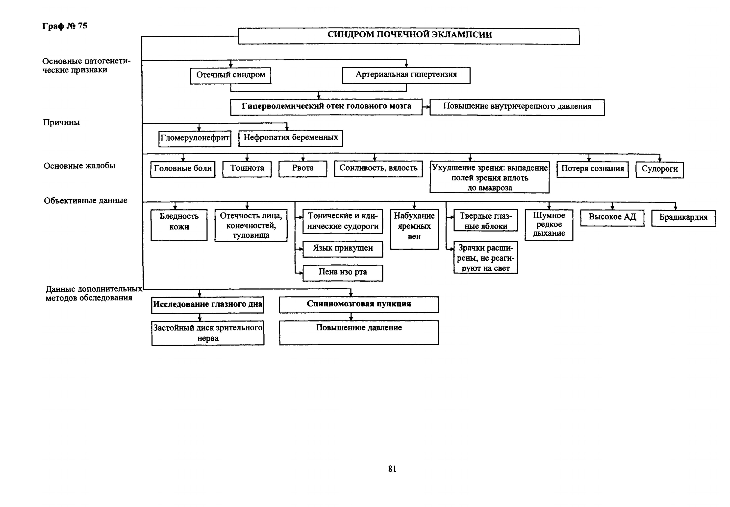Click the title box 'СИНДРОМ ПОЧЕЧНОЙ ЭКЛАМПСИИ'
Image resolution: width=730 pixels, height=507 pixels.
coord(409,36)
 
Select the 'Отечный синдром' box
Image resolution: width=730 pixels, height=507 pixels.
coord(230,76)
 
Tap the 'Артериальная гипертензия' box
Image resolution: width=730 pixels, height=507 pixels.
coord(406,75)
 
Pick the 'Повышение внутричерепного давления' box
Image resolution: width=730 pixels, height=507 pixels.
coord(517,107)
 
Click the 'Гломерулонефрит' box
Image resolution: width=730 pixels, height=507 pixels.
coord(195,138)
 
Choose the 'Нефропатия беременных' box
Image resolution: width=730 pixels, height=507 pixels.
coord(291,138)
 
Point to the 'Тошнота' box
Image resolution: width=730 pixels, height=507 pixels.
coord(247,169)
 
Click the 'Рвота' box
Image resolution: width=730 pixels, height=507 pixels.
coord(303,169)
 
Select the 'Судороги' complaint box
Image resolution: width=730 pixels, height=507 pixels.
coord(659,170)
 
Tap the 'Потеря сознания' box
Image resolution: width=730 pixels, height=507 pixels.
coord(592,169)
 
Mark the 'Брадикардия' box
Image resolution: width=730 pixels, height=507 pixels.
coord(683,218)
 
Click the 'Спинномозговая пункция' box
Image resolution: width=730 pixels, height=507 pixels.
coord(359,305)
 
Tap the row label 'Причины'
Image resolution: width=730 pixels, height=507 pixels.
coord(61,123)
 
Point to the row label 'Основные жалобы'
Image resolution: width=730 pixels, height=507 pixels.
coord(79,166)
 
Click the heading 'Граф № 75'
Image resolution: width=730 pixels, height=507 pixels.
coord(65,26)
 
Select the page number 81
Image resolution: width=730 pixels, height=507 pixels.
coord(392,469)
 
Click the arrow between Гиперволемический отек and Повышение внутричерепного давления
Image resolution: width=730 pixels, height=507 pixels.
coord(426,107)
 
